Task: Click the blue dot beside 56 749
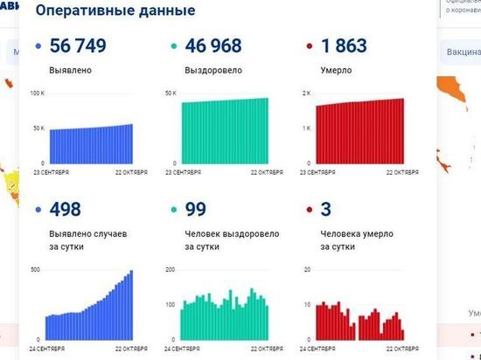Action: (x=38, y=46)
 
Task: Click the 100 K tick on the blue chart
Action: (x=37, y=93)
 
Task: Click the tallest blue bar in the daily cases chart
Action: (x=131, y=304)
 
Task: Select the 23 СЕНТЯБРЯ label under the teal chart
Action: (x=186, y=172)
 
